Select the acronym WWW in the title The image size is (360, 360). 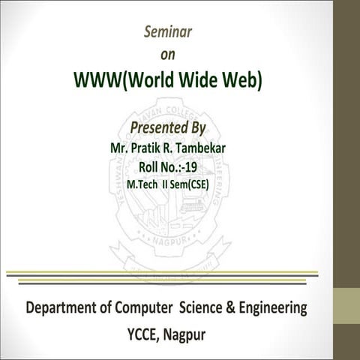pyautogui.click(x=96, y=80)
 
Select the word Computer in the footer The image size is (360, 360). pyautogui.click(x=156, y=308)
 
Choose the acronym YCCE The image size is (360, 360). pyautogui.click(x=149, y=332)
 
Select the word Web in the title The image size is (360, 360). pyautogui.click(x=245, y=80)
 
